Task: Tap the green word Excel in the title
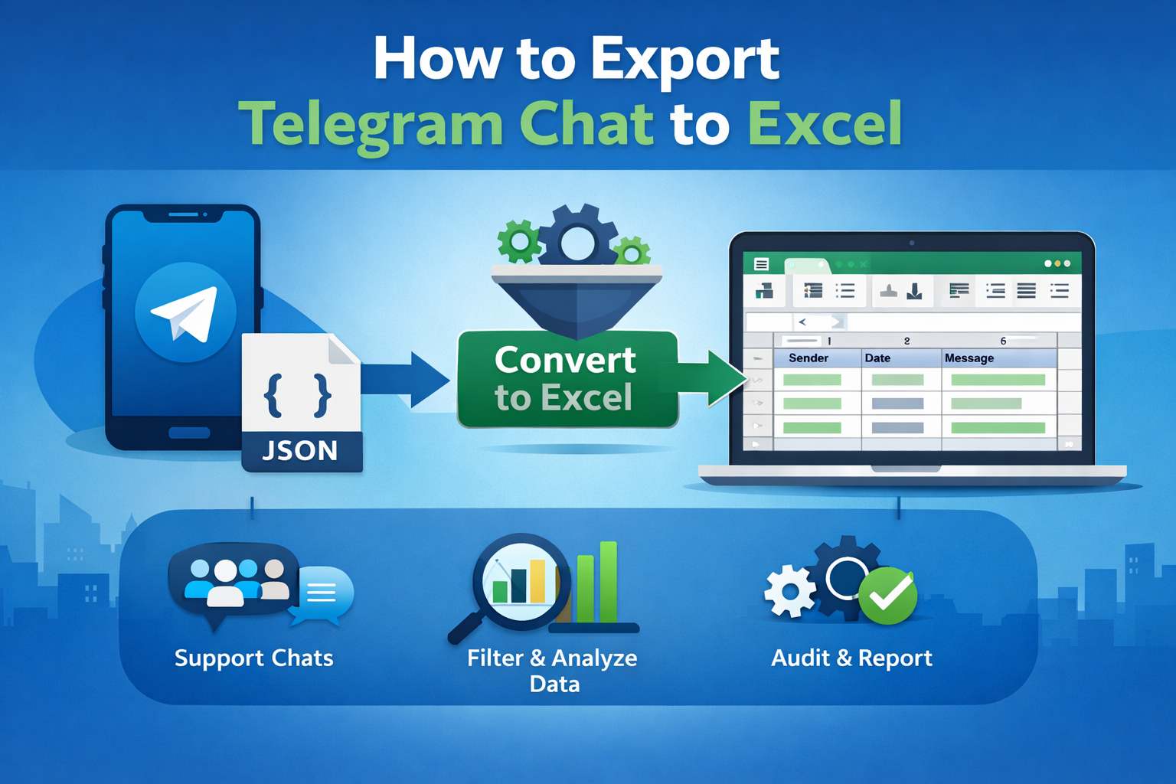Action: (x=825, y=124)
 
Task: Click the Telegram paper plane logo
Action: (x=185, y=312)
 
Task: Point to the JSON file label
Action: (x=300, y=451)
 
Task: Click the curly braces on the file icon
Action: (x=298, y=395)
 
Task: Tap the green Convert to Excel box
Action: (x=567, y=379)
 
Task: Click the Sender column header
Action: (x=808, y=358)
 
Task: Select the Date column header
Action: (x=877, y=358)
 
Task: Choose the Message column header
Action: (x=969, y=358)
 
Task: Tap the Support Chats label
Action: (x=253, y=658)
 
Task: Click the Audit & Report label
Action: (x=851, y=658)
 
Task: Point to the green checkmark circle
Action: (x=888, y=596)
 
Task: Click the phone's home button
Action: (x=189, y=433)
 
